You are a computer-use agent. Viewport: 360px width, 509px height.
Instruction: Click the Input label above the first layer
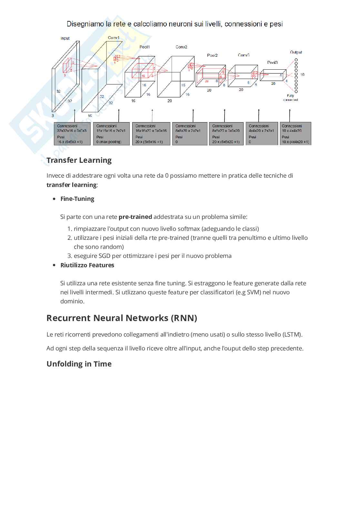click(x=65, y=38)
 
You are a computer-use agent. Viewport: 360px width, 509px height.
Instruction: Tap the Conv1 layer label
click(x=114, y=38)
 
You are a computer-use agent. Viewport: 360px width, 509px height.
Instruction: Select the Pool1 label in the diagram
click(x=145, y=47)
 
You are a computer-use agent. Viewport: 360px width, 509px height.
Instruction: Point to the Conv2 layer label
click(x=181, y=47)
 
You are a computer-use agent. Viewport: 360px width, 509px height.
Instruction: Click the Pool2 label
click(x=212, y=55)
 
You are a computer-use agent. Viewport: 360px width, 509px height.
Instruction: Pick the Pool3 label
click(x=272, y=63)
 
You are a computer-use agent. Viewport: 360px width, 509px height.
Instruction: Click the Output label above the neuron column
click(x=296, y=52)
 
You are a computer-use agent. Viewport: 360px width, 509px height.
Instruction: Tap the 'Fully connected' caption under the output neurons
click(x=290, y=98)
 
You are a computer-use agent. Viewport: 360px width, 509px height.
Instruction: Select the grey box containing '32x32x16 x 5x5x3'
click(x=72, y=134)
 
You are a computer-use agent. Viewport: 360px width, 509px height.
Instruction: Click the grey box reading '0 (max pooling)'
click(x=111, y=134)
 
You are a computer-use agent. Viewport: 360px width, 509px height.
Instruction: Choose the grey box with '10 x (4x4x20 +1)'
click(x=295, y=134)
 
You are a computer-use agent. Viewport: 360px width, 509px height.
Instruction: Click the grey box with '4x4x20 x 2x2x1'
click(x=262, y=134)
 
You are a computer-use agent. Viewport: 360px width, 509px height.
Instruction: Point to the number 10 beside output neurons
click(x=302, y=74)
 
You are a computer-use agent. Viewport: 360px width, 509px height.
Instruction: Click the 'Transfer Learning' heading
click(x=79, y=160)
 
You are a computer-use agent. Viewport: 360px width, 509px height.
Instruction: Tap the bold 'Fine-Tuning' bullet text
click(x=77, y=199)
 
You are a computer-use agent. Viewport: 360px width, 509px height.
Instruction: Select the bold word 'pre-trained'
click(x=135, y=217)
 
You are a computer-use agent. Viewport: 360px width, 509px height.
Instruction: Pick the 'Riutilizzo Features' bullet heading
click(x=87, y=265)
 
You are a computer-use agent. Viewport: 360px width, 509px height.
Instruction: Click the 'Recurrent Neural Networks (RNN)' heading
click(x=122, y=318)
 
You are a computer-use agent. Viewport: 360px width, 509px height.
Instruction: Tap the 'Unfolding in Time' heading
click(x=79, y=364)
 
